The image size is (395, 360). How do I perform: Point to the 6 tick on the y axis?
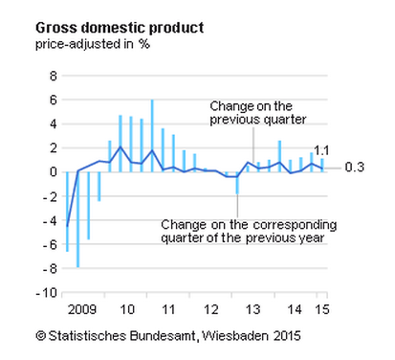coord(53,100)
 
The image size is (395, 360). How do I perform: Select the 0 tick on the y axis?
coord(53,172)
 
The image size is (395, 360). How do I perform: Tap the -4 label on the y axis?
coord(50,220)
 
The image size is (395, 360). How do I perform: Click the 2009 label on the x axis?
coord(83,309)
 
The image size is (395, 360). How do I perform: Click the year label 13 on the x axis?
coord(253,309)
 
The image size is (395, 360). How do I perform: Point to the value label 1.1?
coord(322,150)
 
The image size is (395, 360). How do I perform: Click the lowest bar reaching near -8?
coord(77,219)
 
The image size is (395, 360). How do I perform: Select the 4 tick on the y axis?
coord(53,124)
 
